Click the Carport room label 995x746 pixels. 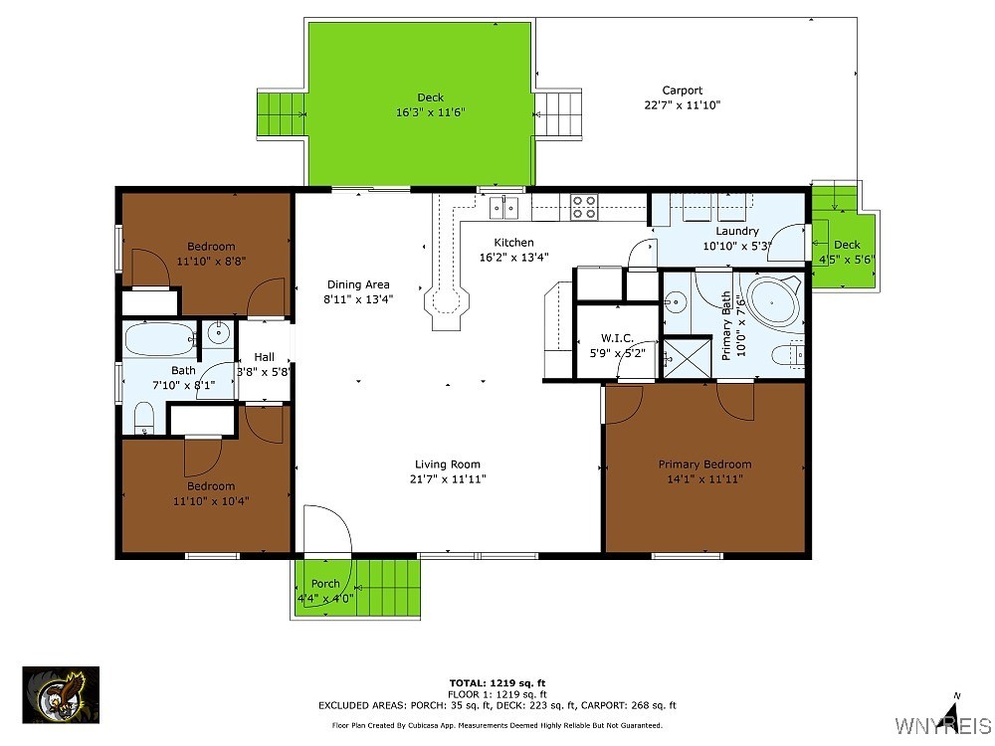[x=682, y=91]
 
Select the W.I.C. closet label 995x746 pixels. [x=617, y=338]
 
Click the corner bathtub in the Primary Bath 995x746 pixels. [x=774, y=301]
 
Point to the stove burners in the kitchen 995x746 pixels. [x=584, y=207]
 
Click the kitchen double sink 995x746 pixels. [x=503, y=207]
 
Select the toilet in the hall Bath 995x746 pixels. [x=144, y=418]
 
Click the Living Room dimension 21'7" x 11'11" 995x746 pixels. [x=448, y=478]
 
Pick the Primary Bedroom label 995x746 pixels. [x=704, y=464]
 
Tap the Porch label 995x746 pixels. [x=324, y=584]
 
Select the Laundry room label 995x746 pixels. [x=736, y=232]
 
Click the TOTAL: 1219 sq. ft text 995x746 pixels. [x=497, y=682]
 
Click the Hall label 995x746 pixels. [x=264, y=357]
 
